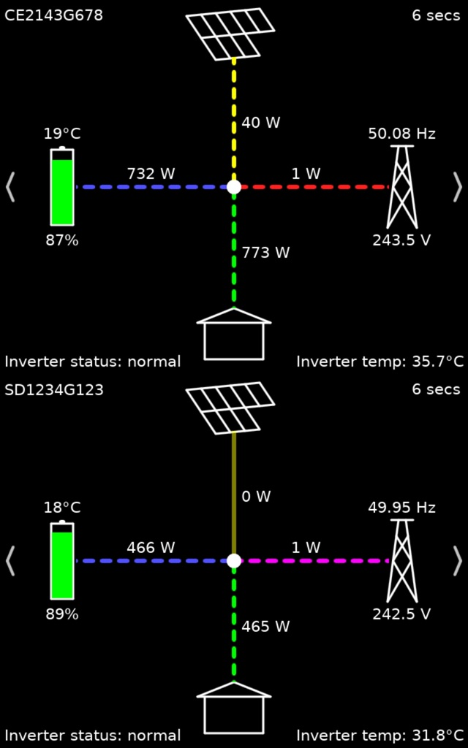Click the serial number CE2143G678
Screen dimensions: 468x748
coord(53,15)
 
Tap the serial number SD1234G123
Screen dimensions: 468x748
coord(54,390)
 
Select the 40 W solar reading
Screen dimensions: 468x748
coord(261,123)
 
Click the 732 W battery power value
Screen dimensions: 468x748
coord(151,173)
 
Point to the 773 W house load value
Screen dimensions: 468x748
coord(265,252)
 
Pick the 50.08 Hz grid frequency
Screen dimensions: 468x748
coord(401,134)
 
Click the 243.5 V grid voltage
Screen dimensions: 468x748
coord(401,240)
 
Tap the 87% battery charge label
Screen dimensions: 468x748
coord(62,240)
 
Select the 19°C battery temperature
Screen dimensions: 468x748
coord(62,134)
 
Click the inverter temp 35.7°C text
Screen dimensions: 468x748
coord(380,362)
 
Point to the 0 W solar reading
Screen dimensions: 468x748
coord(256,497)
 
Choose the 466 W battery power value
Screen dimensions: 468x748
coord(151,547)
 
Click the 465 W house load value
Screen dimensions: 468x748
coord(265,626)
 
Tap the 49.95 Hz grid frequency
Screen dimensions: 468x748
coord(401,508)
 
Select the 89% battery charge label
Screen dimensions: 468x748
coord(62,614)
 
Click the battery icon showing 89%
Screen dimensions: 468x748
coord(62,560)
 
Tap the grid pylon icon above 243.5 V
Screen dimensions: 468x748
coord(401,187)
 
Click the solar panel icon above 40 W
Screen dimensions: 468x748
coord(230,34)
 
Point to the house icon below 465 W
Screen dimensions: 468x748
coord(234,708)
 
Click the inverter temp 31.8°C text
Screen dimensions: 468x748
coord(380,735)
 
